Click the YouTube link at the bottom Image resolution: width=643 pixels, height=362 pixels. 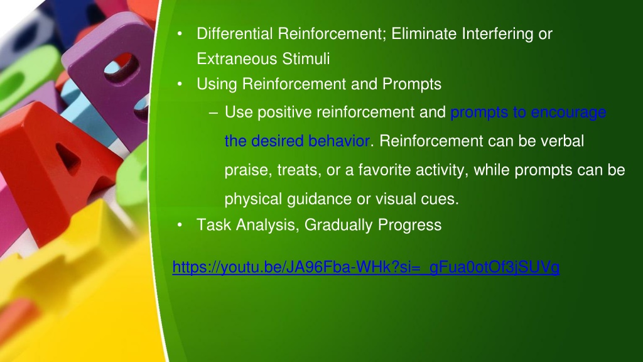(366, 267)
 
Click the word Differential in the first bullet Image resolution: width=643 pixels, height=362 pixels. (235, 34)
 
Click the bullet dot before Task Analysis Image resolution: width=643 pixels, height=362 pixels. (180, 225)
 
